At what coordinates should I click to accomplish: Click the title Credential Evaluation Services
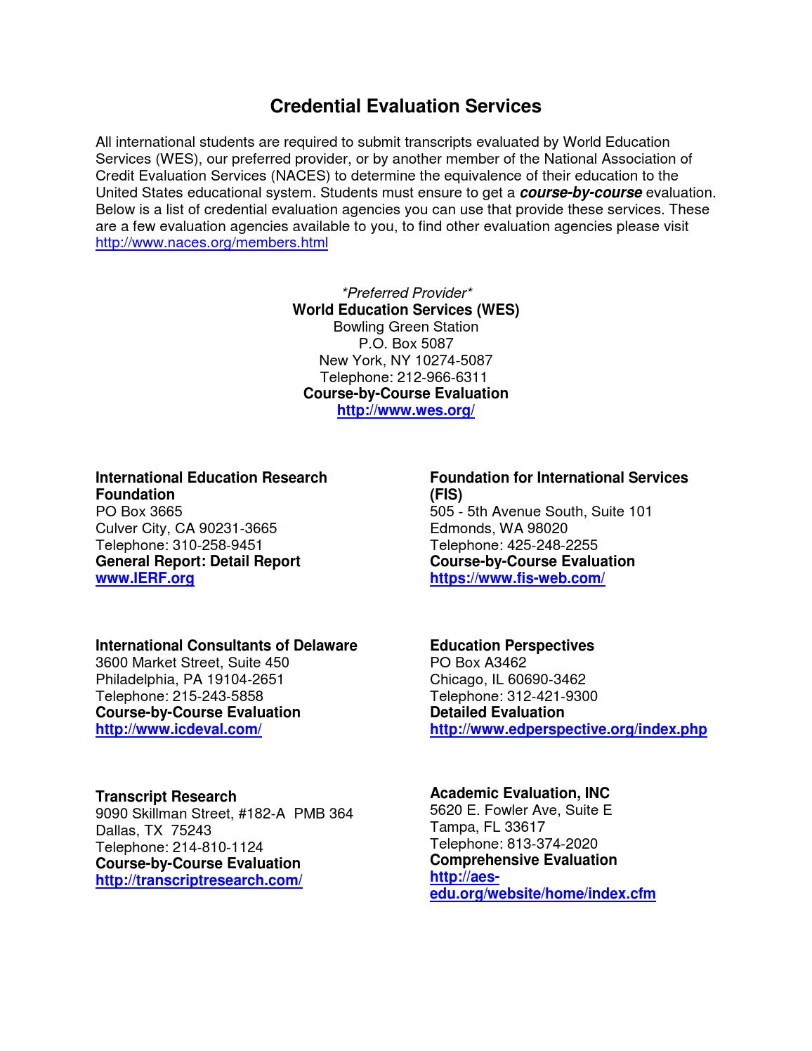(405, 106)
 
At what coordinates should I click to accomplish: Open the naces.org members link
(211, 243)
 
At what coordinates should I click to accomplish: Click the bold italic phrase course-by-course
(580, 192)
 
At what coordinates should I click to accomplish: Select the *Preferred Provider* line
(406, 293)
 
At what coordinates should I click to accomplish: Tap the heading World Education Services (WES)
(406, 310)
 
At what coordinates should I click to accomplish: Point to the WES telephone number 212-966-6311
(442, 377)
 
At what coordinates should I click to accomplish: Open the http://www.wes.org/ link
(406, 410)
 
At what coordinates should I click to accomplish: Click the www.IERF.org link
(145, 578)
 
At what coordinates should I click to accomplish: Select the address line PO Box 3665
(138, 511)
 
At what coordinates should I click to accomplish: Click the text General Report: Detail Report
(197, 561)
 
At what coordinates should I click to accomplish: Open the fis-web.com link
(517, 578)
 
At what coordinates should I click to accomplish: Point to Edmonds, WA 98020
(498, 528)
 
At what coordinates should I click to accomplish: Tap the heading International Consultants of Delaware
(226, 646)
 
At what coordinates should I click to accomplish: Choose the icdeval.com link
(178, 729)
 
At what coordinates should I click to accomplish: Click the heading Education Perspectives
(511, 646)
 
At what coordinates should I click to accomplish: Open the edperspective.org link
(568, 729)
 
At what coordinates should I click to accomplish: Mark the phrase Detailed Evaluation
(497, 712)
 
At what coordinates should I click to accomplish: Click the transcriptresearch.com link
(199, 880)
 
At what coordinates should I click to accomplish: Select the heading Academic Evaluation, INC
(519, 793)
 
